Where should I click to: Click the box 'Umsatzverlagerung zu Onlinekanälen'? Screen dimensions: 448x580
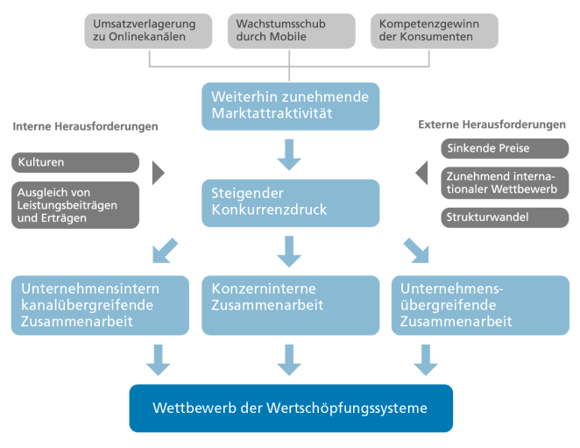coord(149,30)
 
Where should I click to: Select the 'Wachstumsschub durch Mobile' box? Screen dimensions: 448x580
coord(291,30)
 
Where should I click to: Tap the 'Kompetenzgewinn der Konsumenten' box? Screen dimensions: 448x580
coord(433,30)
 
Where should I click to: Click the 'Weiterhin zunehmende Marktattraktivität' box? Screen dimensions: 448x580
coord(291,105)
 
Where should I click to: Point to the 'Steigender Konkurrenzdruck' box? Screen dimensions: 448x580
coord(291,203)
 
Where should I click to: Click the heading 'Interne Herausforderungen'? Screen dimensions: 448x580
coord(85,126)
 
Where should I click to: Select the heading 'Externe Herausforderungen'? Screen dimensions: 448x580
coord(492,124)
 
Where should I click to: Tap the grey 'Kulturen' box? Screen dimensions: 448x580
coord(75,162)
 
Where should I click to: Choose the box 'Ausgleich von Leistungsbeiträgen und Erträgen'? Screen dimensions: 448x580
coord(75,205)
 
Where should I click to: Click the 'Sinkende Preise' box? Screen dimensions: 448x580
coord(505,148)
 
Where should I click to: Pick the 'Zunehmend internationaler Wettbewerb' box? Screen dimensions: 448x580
coord(505,182)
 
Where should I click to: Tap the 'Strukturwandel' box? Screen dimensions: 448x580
coord(505,217)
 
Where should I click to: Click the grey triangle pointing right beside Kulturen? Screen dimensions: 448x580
coord(158,172)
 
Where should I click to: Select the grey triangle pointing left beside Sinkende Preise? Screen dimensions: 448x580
coord(422,172)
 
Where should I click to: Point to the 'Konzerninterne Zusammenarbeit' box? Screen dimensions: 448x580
coord(291,305)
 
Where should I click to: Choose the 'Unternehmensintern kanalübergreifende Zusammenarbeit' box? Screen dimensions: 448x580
coord(100,305)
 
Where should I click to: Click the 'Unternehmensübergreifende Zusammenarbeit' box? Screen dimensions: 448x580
coord(480,305)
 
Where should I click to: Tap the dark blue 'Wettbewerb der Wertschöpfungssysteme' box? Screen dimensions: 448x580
coord(291,408)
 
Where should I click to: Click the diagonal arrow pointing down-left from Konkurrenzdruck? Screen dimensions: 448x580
coord(166,249)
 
